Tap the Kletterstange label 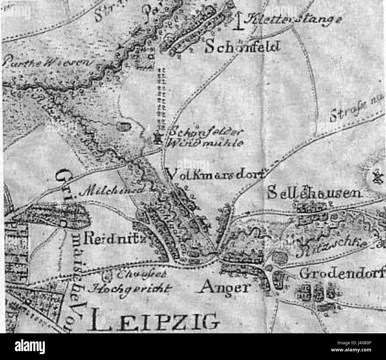292,19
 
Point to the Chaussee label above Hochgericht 128,275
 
